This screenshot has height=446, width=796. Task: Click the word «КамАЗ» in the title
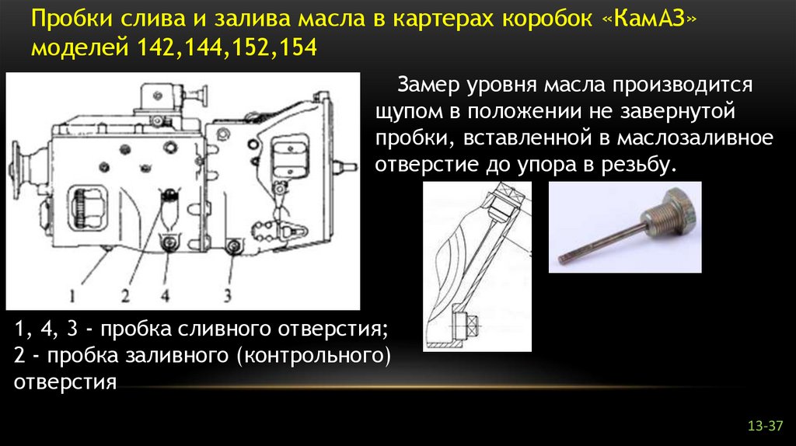(x=650, y=19)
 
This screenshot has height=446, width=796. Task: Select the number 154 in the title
(x=298, y=48)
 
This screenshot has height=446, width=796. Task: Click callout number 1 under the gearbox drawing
(x=72, y=294)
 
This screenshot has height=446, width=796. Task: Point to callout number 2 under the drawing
(x=125, y=294)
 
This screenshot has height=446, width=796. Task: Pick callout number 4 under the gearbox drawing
(x=165, y=294)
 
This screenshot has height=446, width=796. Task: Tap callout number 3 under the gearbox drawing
(x=228, y=294)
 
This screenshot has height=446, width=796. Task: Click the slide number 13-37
(x=765, y=426)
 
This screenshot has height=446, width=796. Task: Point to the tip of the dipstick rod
(x=562, y=259)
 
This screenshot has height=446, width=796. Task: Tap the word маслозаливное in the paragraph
(x=695, y=138)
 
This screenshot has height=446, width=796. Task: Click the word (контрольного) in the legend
(x=314, y=356)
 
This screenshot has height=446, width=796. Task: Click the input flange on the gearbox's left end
(x=17, y=166)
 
